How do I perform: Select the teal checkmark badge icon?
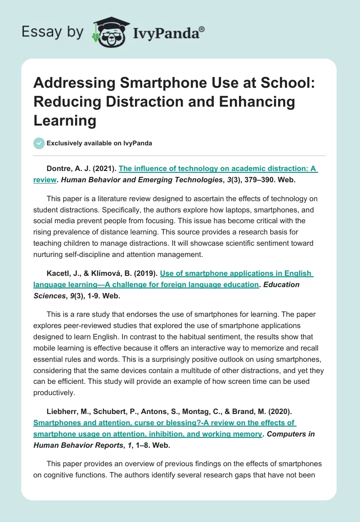(x=39, y=143)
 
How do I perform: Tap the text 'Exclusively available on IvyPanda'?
(x=99, y=144)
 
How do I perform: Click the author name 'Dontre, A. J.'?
(x=67, y=169)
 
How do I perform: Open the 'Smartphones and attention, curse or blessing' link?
(x=164, y=423)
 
